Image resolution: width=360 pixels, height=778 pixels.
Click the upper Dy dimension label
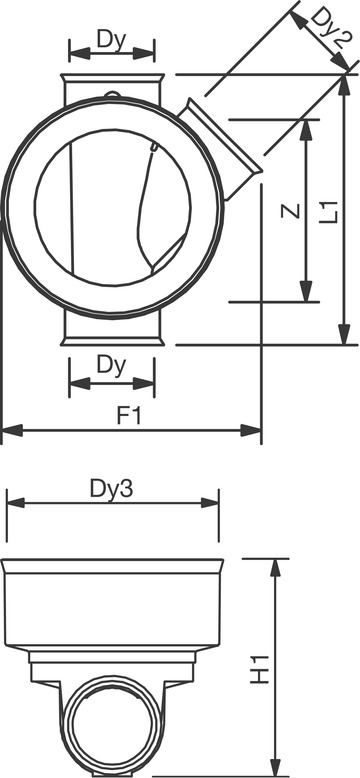pos(112,40)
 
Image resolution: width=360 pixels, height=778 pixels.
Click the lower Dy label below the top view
pos(112,366)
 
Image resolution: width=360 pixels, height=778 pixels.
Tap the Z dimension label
pos(291,211)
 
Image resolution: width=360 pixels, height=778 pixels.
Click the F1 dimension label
pos(129,416)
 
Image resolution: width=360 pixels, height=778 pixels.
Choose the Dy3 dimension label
pos(112,490)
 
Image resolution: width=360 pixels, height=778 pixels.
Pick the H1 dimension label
pos(259,670)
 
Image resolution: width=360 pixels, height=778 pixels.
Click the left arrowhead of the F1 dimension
pos(12,430)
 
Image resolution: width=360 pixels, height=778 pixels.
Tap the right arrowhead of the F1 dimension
pos(251,430)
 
